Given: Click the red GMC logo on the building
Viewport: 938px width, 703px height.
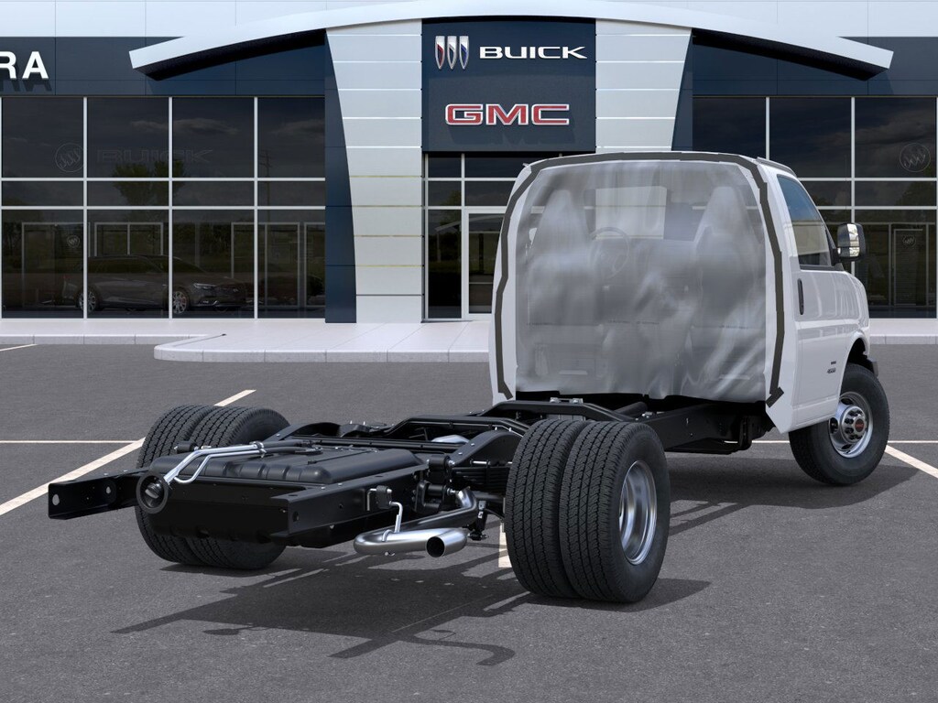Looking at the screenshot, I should click(x=507, y=114).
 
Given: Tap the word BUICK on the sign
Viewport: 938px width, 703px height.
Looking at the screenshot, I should click(x=532, y=52).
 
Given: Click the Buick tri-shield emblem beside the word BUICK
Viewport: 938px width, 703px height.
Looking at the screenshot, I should click(x=452, y=52).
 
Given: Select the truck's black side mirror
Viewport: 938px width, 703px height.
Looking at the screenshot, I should click(x=849, y=241).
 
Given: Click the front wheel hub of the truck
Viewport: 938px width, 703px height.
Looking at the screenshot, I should click(x=851, y=424).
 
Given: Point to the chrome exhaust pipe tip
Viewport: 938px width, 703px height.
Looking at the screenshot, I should click(x=446, y=546).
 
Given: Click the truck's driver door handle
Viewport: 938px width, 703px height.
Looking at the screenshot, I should click(x=800, y=296).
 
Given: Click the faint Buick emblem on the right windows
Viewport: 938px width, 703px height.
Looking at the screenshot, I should click(x=913, y=158).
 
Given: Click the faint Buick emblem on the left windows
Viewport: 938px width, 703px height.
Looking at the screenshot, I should click(x=68, y=157).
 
